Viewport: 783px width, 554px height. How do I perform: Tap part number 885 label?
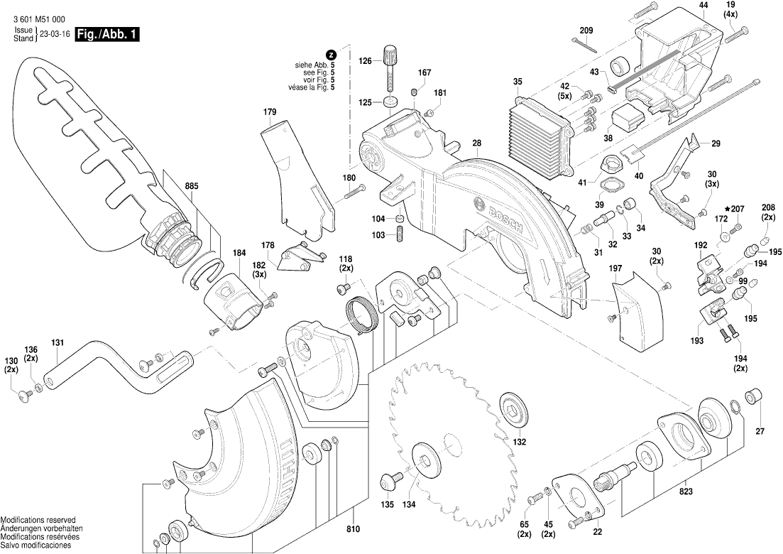pyautogui.click(x=192, y=187)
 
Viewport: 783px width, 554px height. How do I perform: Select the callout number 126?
pyautogui.click(x=365, y=61)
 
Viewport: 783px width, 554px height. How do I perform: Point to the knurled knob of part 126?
pyautogui.click(x=389, y=53)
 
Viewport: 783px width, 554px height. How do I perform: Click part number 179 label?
pyautogui.click(x=270, y=112)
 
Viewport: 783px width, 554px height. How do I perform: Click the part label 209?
pyautogui.click(x=586, y=30)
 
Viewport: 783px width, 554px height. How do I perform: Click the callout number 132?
pyautogui.click(x=520, y=442)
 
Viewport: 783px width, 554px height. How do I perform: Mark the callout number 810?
pyautogui.click(x=354, y=529)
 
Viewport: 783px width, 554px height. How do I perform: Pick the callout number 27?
pyautogui.click(x=760, y=431)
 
